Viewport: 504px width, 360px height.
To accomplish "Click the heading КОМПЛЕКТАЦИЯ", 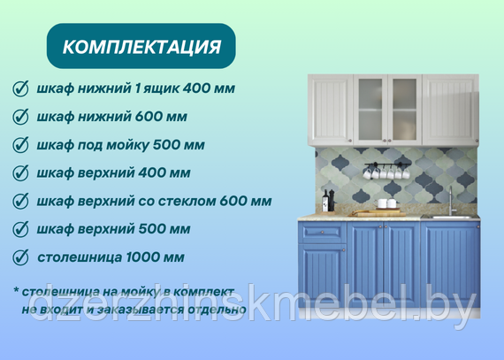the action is (141, 47).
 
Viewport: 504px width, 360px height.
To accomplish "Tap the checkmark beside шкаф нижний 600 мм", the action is (20, 117).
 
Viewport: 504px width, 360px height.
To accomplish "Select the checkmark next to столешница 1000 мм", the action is (20, 257).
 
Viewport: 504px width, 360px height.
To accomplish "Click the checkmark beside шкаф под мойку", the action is (20, 145).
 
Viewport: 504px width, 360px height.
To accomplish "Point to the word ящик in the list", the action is (162, 88).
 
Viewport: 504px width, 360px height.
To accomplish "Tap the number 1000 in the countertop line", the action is (141, 257).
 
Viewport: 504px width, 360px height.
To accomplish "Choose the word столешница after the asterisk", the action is (61, 292).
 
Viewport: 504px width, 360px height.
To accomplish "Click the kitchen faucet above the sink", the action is (451, 201).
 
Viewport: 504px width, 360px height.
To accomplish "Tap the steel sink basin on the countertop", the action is (450, 218).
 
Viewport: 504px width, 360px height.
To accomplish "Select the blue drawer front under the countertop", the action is (323, 232).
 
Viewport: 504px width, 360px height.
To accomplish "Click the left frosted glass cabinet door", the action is (370, 110).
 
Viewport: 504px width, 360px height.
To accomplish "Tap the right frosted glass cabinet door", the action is (405, 110).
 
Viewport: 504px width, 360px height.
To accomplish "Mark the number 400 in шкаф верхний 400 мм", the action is (149, 173).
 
